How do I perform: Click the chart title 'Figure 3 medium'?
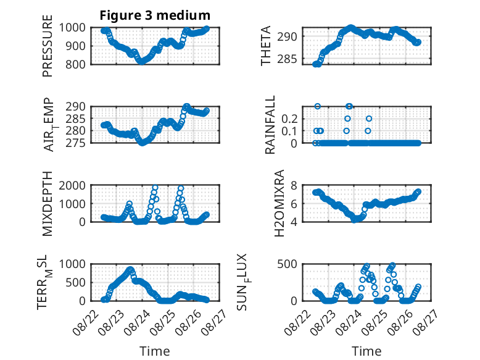click(x=155, y=15)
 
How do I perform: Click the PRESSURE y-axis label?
click(x=48, y=46)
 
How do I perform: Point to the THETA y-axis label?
click(x=266, y=46)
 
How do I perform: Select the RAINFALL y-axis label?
click(x=270, y=125)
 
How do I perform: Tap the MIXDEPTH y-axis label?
click(x=48, y=203)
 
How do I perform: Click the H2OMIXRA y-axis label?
click(x=279, y=203)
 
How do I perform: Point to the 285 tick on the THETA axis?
click(x=287, y=59)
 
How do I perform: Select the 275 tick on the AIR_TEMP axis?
click(x=75, y=143)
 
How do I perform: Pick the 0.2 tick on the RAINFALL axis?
click(x=289, y=119)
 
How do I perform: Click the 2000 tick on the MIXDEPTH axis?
click(x=72, y=185)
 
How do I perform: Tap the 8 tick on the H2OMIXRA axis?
click(x=294, y=185)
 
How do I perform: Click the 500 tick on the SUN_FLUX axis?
click(x=287, y=264)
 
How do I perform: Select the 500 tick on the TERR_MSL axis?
click(x=75, y=282)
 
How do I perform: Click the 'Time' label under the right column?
click(x=366, y=351)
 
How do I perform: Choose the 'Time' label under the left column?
click(x=155, y=351)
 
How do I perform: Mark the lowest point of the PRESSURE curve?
click(x=141, y=62)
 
